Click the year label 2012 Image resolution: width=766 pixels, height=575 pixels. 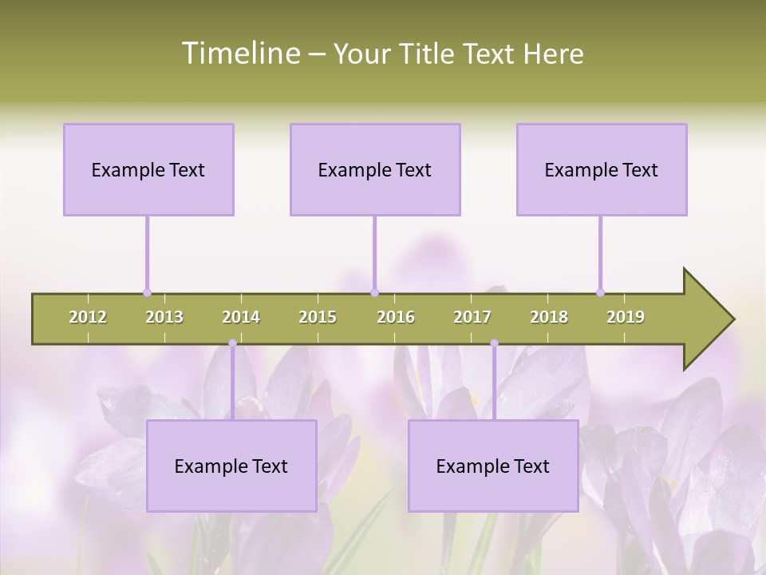click(88, 317)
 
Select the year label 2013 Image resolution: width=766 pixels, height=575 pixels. click(164, 317)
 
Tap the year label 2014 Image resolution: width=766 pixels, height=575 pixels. click(241, 317)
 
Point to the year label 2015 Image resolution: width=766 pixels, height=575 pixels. click(318, 317)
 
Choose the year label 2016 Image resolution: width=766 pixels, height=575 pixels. click(396, 317)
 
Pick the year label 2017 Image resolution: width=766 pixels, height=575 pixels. click(472, 317)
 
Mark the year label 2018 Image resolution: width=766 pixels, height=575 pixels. click(549, 317)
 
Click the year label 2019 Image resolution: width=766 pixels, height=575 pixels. click(626, 317)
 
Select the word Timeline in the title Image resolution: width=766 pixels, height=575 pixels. click(239, 54)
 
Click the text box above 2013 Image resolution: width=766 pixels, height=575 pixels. click(148, 169)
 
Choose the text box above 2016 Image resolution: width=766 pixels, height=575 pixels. click(375, 169)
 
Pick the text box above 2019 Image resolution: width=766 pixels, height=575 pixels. click(602, 169)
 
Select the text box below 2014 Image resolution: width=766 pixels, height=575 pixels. click(231, 466)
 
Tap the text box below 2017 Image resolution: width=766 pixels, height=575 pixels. click(493, 466)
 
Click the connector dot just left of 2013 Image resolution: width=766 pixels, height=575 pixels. click(147, 292)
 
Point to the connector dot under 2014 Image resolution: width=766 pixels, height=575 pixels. click(232, 343)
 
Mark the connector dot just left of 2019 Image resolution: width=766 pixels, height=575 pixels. click(600, 292)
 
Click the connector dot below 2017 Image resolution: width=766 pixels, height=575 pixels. click(494, 343)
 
